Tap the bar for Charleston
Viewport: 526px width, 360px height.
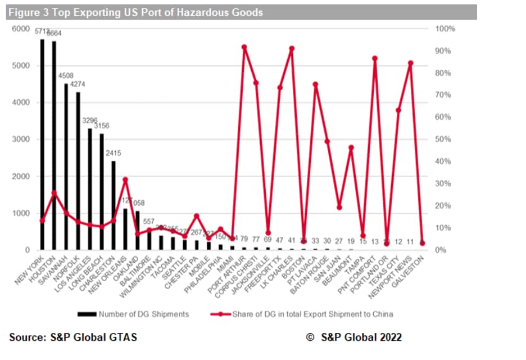pos(114,205)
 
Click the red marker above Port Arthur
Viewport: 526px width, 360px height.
pos(244,47)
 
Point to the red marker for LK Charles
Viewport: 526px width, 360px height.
pos(292,48)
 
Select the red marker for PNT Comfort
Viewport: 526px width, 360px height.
pos(375,58)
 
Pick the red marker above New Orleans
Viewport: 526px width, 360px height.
pos(125,179)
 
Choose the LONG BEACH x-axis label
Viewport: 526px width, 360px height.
pos(93,269)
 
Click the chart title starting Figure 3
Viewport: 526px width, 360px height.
pos(135,12)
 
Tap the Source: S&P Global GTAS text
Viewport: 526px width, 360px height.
pos(73,337)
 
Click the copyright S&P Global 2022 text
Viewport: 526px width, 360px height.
pos(354,337)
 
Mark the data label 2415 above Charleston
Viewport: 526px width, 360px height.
pos(114,154)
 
